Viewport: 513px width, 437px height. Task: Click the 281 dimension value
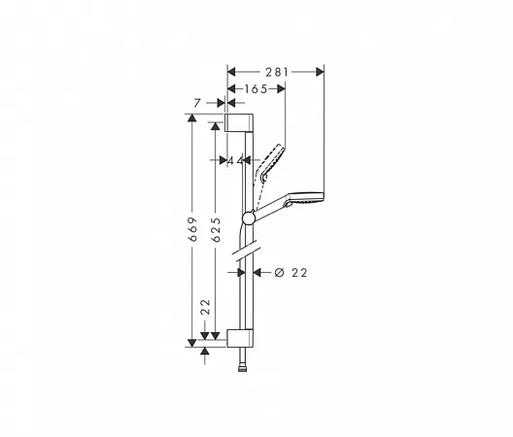[x=277, y=72]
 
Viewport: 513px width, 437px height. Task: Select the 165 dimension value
[x=256, y=89]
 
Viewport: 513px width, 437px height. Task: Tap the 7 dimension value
[x=196, y=103]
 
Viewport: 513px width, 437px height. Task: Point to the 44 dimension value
[x=235, y=160]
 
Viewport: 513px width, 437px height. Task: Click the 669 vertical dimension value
[x=193, y=229]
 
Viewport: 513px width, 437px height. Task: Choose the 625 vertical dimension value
[x=217, y=229]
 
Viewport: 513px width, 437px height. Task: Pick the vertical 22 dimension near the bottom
[x=205, y=307]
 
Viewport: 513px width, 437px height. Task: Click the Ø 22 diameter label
[x=291, y=273]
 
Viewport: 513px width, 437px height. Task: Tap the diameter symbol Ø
[x=280, y=273]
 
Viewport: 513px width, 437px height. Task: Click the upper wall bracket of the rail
[x=239, y=122]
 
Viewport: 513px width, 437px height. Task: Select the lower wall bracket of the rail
[x=240, y=338]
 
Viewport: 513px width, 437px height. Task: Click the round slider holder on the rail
[x=249, y=218]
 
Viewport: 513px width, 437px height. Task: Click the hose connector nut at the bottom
[x=242, y=369]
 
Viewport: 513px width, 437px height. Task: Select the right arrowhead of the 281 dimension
[x=321, y=72]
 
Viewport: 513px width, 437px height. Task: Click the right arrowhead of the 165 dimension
[x=281, y=89]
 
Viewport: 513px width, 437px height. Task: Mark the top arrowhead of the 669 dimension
[x=192, y=118]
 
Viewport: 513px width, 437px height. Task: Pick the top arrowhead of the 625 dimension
[x=215, y=126]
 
